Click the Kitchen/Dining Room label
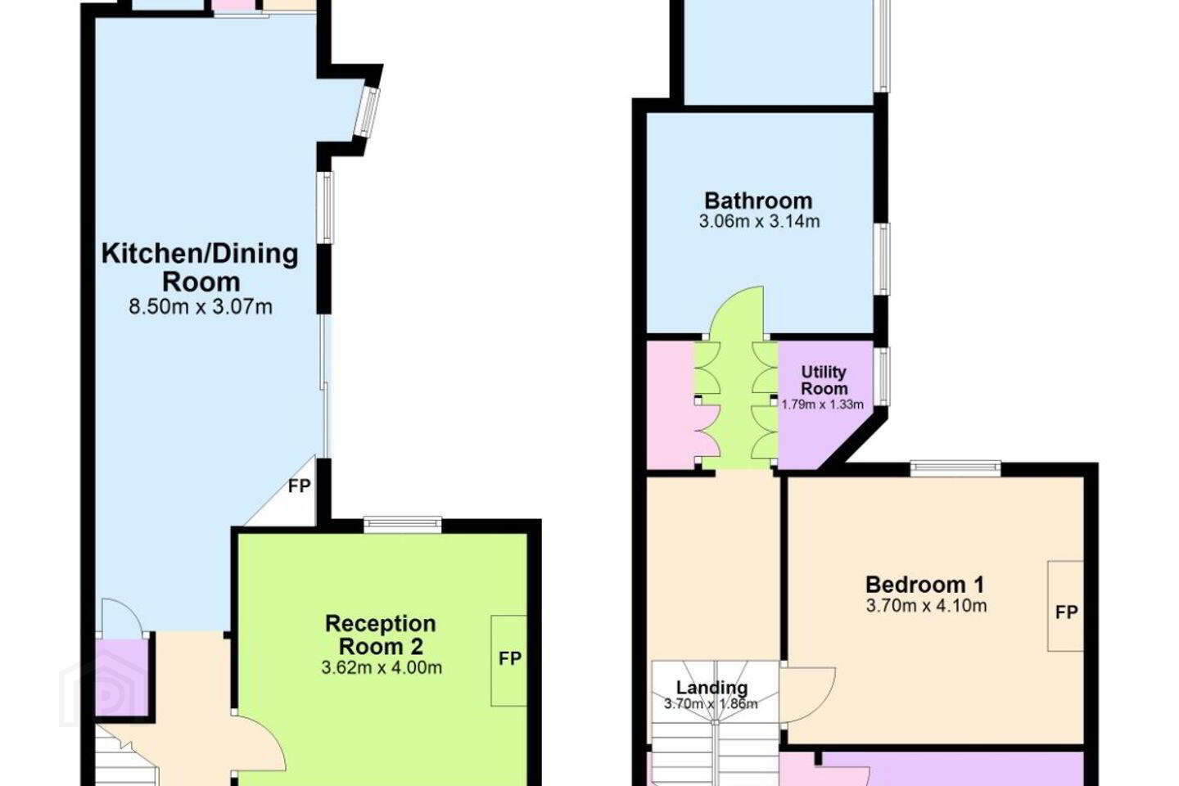(200, 268)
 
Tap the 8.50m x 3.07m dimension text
(201, 306)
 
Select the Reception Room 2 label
(381, 635)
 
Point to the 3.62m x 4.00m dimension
(382, 668)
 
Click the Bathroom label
(758, 201)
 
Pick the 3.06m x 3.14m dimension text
(759, 222)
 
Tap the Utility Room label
(824, 381)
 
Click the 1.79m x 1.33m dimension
(822, 404)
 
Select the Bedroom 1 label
(925, 585)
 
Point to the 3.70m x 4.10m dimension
(926, 606)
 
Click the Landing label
(711, 688)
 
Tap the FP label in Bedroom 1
(1066, 612)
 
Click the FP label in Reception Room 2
(509, 658)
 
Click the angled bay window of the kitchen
(367, 112)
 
